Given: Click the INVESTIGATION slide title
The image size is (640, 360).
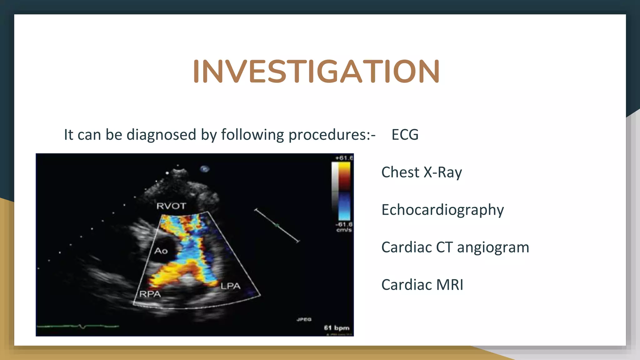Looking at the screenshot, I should pos(316,72).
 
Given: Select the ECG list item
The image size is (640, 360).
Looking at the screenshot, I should pos(405,135).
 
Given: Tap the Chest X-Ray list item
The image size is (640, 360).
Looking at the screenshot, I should pos(421,172).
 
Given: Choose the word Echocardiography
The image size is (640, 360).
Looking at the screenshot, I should pos(442,210).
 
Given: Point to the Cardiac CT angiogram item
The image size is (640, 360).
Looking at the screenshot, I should pos(455,247).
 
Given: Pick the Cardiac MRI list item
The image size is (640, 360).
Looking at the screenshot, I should pos(422,285).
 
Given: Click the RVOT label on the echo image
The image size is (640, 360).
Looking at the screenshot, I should pos(171,206).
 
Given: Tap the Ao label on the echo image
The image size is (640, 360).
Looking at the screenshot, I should pos(161,251).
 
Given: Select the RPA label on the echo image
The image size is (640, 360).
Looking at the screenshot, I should pos(150,294).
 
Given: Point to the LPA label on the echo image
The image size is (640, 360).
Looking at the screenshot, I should pos(230,286).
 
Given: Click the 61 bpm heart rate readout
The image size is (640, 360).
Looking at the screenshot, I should pos(337,328).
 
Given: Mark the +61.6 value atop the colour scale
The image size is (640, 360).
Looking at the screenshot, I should pos(344,158).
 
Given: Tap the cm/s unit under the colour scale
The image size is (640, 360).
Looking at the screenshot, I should pos(344,230).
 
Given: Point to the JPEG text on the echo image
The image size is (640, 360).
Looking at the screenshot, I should pos(304,319).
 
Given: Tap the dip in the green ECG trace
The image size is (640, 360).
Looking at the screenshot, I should pos(82,327).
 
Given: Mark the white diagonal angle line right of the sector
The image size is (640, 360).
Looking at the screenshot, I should pos(277,225).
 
